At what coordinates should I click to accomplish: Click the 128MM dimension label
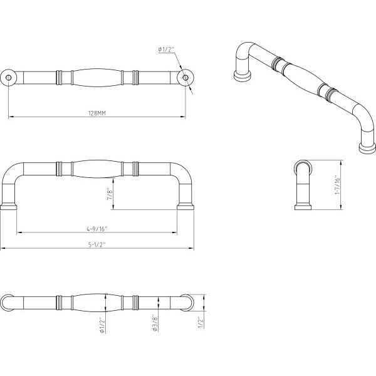point(97,113)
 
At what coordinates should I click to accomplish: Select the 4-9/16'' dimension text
point(97,229)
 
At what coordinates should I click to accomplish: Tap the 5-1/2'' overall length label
point(97,244)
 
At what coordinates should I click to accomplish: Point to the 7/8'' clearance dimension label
point(109,195)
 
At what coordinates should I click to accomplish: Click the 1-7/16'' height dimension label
point(337,185)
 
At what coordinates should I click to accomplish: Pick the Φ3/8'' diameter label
point(155,323)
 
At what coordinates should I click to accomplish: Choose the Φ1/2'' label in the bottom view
point(102,325)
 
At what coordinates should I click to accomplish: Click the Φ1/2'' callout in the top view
point(166,50)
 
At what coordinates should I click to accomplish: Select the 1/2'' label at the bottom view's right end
point(201,322)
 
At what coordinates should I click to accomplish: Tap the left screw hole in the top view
point(8,78)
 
